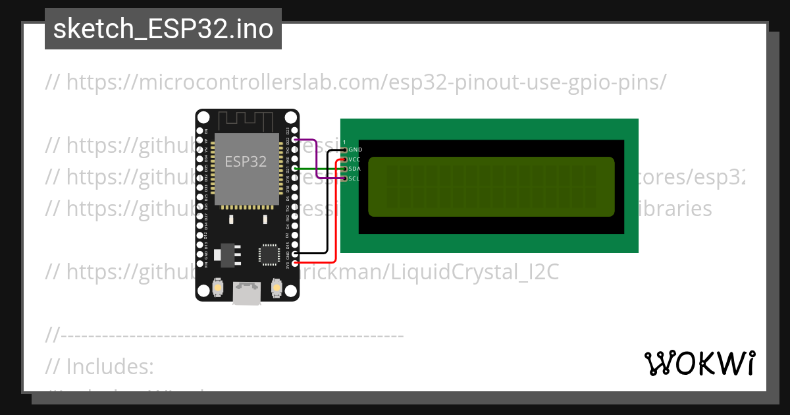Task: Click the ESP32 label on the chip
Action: pos(246,161)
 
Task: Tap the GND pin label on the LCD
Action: pos(355,150)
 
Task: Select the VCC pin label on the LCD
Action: pos(355,159)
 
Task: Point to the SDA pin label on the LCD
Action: pos(355,169)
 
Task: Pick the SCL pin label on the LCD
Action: pos(355,178)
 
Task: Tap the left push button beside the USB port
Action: pos(217,289)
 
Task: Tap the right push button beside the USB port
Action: pos(276,289)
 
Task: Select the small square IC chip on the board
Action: pos(269,254)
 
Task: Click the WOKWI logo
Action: pos(699,363)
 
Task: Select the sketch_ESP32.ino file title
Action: pos(163,29)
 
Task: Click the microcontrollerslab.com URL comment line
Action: pos(355,82)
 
